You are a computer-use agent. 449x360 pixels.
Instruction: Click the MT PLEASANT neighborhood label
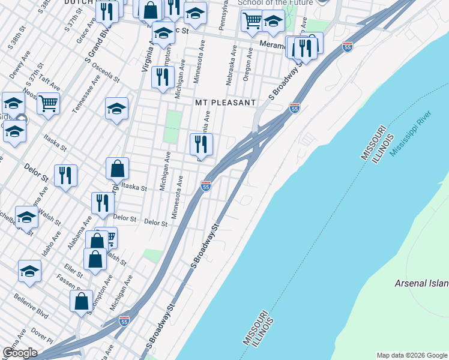pos(226,103)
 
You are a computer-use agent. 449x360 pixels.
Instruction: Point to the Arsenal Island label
pos(421,283)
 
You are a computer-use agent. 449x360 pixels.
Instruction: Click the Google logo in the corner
pos(20,353)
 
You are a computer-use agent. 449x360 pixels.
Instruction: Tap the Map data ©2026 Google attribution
pos(412,355)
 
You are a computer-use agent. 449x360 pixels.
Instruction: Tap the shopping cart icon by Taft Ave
pos(49,103)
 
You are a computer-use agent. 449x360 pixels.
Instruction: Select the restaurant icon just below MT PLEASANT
pos(201,144)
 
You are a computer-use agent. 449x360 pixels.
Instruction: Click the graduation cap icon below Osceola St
pos(117,109)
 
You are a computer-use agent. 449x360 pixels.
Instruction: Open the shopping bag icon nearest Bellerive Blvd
pos(81,301)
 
